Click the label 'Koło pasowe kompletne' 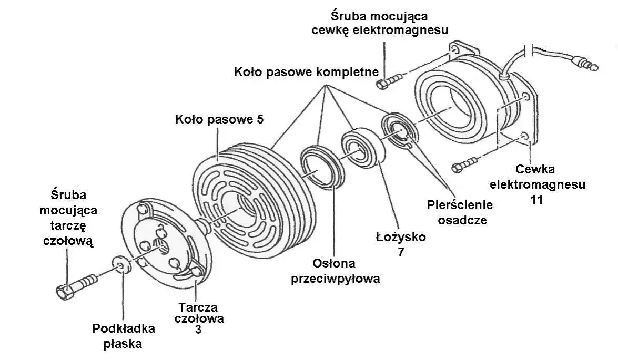pos(306,72)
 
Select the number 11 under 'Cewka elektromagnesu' pos(536,200)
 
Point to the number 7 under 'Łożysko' pos(401,252)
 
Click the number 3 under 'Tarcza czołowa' pos(198,330)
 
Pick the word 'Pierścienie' pos(460,205)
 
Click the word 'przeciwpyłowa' pos(336,279)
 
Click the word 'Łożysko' pos(401,237)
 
